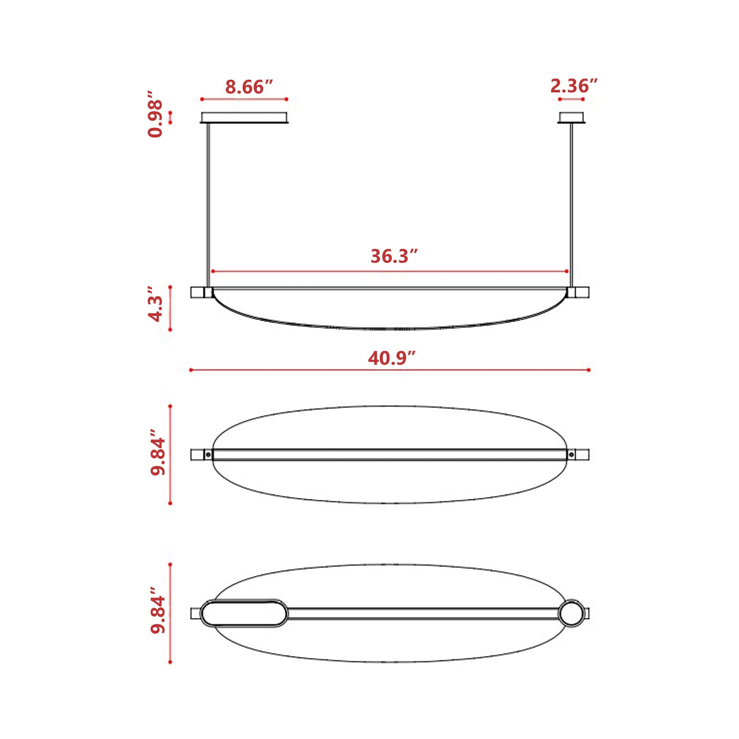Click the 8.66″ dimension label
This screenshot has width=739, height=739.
[249, 87]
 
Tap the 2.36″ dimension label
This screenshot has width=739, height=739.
[574, 86]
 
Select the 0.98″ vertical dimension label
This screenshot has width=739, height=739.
[155, 114]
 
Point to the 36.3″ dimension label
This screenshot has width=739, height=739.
[394, 256]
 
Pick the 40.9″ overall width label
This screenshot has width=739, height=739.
[392, 358]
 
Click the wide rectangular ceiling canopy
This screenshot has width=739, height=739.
[244, 117]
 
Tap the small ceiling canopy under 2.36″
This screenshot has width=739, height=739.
[572, 117]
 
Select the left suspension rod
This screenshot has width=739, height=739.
[208, 205]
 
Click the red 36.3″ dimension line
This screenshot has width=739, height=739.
[389, 271]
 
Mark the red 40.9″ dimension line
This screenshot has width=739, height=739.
[389, 370]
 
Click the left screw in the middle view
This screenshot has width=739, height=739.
[208, 455]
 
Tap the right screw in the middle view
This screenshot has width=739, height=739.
[571, 455]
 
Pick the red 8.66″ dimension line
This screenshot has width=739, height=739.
[244, 99]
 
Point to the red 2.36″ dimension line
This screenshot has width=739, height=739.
[571, 99]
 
